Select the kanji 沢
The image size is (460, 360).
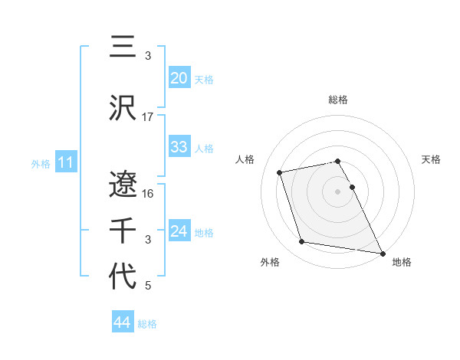point(123,108)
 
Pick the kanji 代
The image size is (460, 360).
point(123,275)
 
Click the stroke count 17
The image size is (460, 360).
point(148,116)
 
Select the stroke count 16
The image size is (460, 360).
point(148,193)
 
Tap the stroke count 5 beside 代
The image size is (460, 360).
point(148,286)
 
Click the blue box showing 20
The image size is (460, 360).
point(179,78)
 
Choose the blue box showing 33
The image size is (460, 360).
point(179,147)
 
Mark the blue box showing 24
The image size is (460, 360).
point(179,231)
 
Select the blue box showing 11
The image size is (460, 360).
point(65,162)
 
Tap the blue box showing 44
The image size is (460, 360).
point(122,323)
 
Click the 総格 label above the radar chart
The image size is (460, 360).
point(338,100)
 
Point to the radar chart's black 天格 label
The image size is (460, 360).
point(431,159)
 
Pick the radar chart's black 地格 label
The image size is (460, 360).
point(402,262)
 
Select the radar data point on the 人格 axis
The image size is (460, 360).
point(280,172)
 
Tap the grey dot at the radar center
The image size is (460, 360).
point(338,191)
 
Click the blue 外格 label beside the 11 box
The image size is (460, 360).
point(41,163)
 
